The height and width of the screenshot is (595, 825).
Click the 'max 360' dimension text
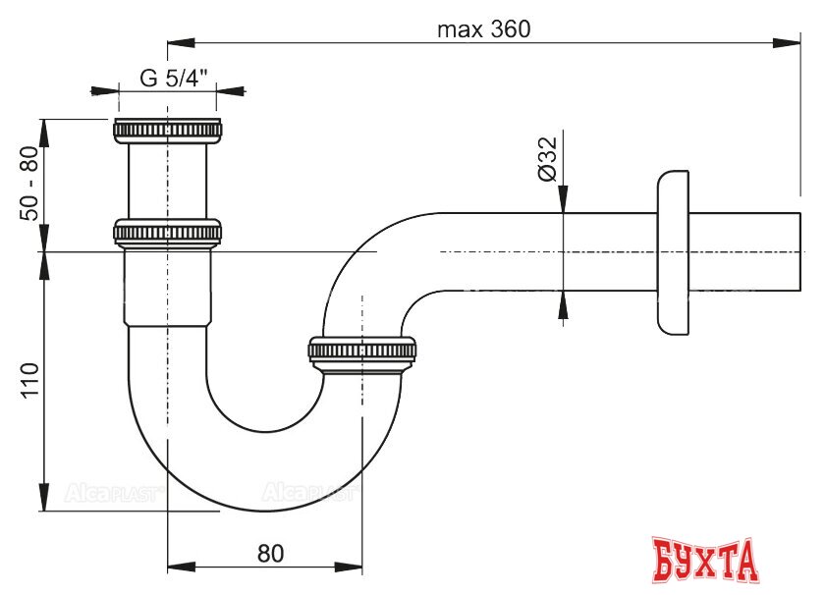(483, 29)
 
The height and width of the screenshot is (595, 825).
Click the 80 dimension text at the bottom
(270, 553)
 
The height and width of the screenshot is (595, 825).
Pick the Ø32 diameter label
(548, 157)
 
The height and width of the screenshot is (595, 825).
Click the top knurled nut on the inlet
(168, 130)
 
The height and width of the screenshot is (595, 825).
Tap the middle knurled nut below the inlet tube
(168, 233)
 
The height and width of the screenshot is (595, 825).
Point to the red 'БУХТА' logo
(706, 560)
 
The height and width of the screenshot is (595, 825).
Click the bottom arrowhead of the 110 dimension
(44, 498)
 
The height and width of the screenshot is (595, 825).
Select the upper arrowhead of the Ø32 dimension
(563, 200)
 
